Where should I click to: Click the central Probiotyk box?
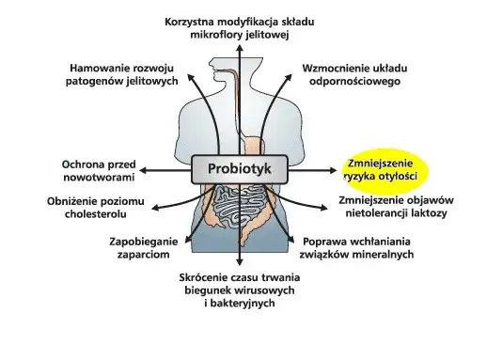click(239, 171)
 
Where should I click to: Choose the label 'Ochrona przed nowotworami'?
click(99, 169)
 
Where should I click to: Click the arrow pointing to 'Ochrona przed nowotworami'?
click(165, 171)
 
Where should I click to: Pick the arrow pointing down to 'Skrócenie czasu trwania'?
click(240, 249)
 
